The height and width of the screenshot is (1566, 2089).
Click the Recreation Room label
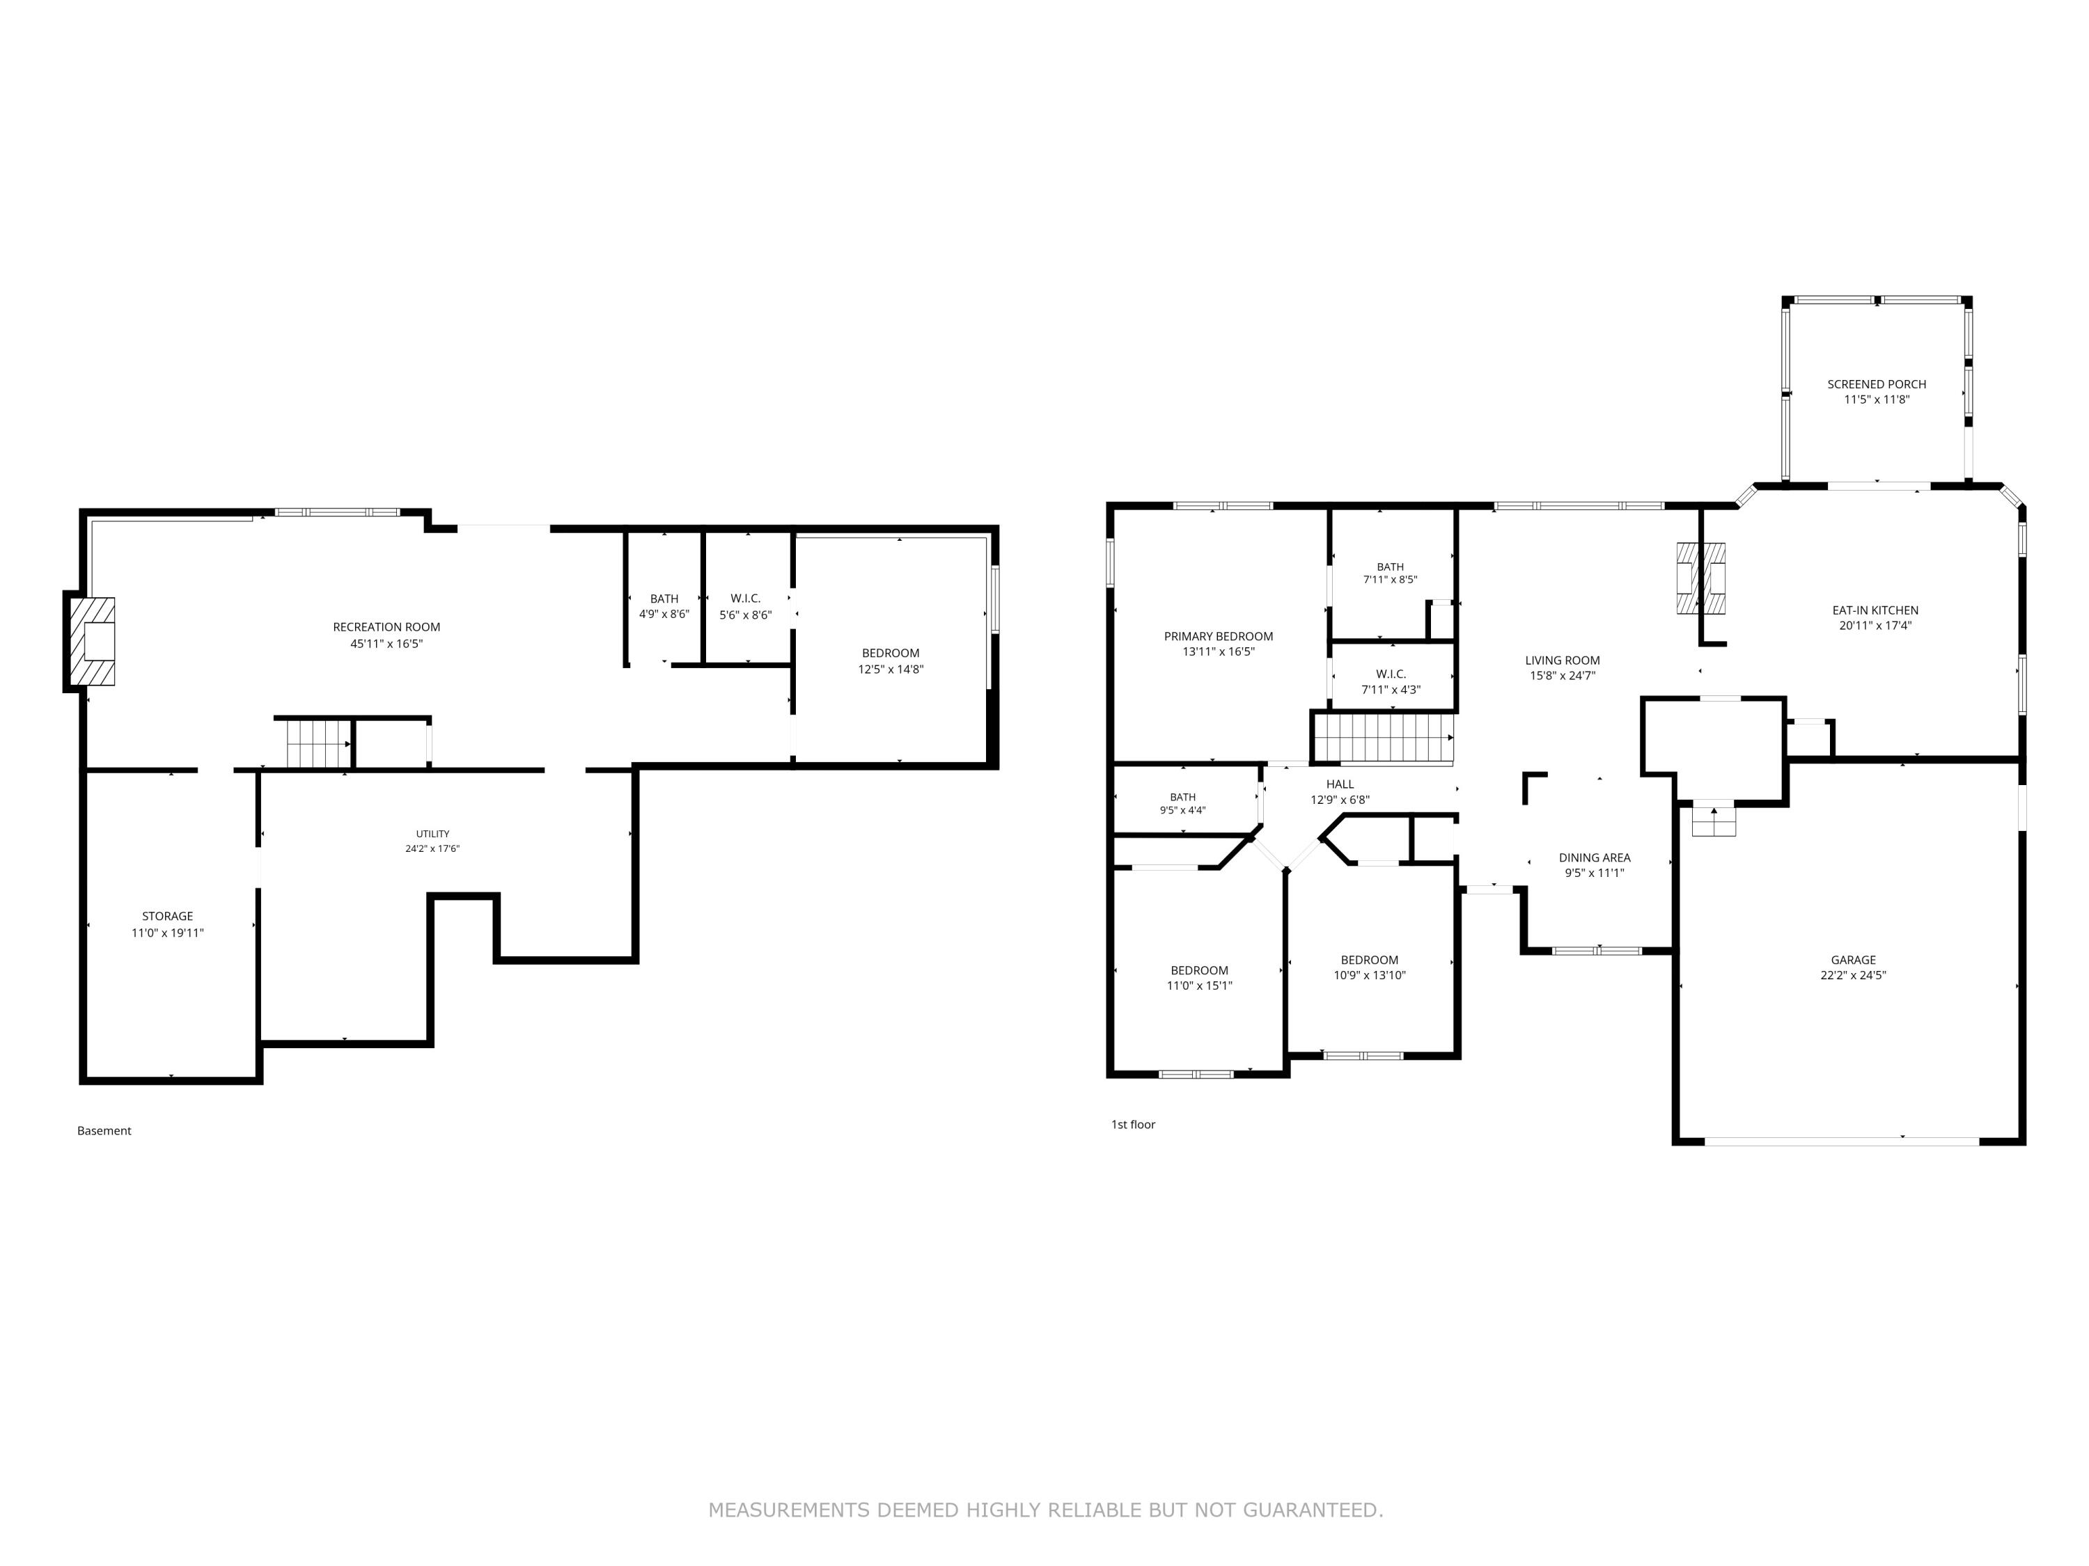click(x=386, y=627)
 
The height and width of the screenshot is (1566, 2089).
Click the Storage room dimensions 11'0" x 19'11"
click(x=167, y=933)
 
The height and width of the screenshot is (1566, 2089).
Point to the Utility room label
click(x=432, y=834)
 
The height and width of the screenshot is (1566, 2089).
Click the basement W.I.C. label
click(x=745, y=599)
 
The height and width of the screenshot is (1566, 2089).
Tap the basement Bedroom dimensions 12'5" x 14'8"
click(x=891, y=670)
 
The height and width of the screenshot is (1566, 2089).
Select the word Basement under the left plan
click(x=104, y=1131)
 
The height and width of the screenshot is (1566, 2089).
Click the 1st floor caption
click(x=1133, y=1124)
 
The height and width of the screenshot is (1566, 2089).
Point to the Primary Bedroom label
click(x=1219, y=636)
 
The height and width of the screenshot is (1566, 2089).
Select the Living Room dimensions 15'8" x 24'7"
click(x=1563, y=676)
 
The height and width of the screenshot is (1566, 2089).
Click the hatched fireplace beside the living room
click(x=1701, y=578)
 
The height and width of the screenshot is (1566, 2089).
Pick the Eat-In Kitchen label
click(x=1875, y=610)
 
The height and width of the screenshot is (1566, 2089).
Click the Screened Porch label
click(x=1877, y=384)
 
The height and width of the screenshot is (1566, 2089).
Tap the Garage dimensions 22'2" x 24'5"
click(x=1853, y=975)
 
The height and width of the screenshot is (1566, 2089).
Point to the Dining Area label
click(x=1595, y=858)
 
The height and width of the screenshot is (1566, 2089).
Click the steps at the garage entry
click(x=1714, y=821)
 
